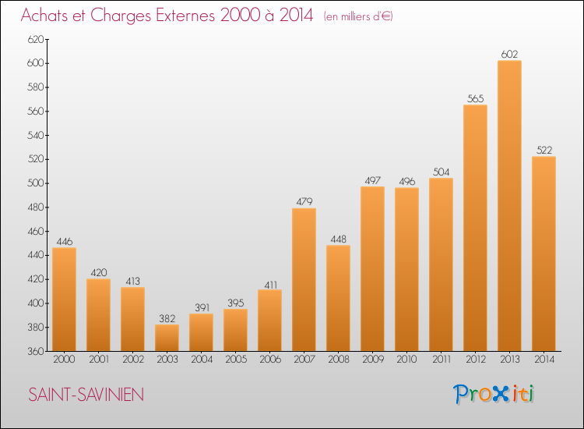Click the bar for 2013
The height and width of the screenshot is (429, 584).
tap(509, 206)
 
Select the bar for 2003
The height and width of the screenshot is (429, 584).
tap(167, 338)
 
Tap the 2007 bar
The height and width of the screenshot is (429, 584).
tap(304, 279)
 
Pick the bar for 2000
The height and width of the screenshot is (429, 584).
tap(64, 300)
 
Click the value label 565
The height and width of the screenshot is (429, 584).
tap(475, 98)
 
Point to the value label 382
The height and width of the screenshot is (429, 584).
tap(167, 318)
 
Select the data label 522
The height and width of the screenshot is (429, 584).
tap(544, 150)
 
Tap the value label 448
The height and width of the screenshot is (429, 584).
tap(338, 239)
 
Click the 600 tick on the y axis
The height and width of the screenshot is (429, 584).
tap(35, 63)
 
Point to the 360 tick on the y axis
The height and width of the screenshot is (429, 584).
tap(35, 351)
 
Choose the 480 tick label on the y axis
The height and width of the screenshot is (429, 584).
tap(35, 207)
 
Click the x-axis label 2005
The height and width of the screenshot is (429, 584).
tap(236, 360)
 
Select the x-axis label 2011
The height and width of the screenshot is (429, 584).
tap(442, 360)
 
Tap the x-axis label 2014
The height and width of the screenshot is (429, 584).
tap(544, 360)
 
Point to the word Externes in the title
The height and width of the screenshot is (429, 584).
tap(185, 16)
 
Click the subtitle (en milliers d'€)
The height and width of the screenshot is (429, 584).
tap(358, 16)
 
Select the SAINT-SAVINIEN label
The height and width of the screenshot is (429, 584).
tap(86, 395)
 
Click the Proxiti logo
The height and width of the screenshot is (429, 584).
tap(494, 394)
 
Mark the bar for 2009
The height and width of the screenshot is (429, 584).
tap(372, 268)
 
